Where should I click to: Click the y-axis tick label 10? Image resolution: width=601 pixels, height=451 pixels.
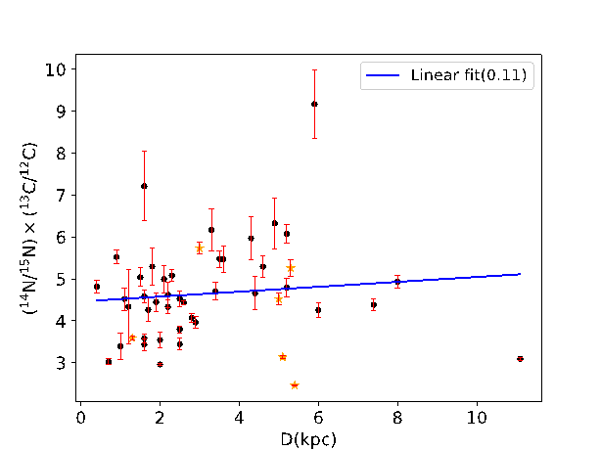[x=56, y=69]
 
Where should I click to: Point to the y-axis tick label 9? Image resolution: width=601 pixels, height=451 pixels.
[x=60, y=112]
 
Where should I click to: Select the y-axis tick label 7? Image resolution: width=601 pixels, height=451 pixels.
[x=60, y=196]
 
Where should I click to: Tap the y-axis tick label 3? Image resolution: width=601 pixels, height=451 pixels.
[x=60, y=363]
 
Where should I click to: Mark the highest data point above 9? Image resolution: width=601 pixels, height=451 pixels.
[x=314, y=104]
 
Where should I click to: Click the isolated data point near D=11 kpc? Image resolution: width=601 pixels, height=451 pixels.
[x=520, y=359]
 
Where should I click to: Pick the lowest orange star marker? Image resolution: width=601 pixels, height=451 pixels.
[x=294, y=384]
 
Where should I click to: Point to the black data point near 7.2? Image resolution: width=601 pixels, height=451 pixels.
[x=144, y=186]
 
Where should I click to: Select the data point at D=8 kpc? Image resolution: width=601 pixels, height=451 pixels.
[x=397, y=282]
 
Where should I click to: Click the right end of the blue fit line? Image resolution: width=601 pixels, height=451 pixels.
[x=521, y=274]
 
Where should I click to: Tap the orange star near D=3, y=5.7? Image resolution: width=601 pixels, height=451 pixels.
[x=199, y=248]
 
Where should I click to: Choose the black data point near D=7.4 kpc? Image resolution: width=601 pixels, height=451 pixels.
[x=374, y=305]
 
